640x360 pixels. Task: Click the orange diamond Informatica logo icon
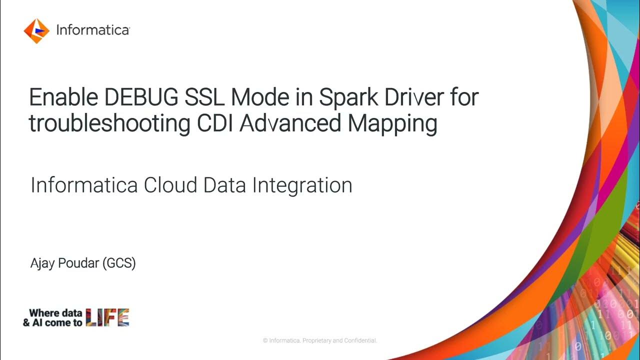36,30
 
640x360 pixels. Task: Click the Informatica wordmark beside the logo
93,30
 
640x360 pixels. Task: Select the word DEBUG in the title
134,97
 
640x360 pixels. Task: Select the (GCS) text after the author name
119,263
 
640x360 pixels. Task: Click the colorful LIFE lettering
107,317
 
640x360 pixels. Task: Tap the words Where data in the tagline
55,313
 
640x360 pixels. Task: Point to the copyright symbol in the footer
265,340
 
